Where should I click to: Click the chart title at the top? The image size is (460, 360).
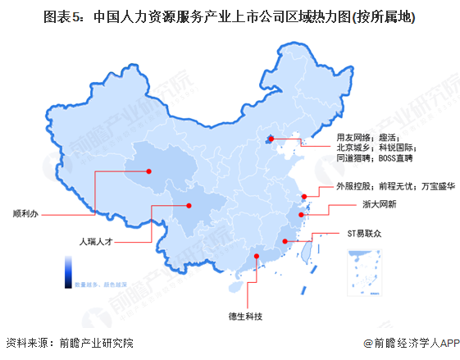(x=229, y=16)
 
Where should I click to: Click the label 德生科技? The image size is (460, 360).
(x=245, y=315)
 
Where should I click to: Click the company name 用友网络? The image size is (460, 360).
(x=353, y=136)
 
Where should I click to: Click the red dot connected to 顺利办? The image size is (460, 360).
(x=149, y=171)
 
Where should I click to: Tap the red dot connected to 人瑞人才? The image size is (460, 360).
(x=189, y=206)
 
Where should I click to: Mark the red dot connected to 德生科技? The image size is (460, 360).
(x=257, y=256)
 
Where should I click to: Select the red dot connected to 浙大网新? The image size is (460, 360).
(x=301, y=215)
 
